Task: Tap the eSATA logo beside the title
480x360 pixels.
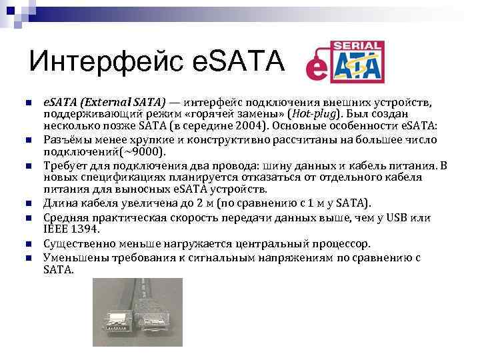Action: (x=345, y=61)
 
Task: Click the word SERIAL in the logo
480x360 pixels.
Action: (x=359, y=47)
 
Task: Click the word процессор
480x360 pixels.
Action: (x=361, y=244)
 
